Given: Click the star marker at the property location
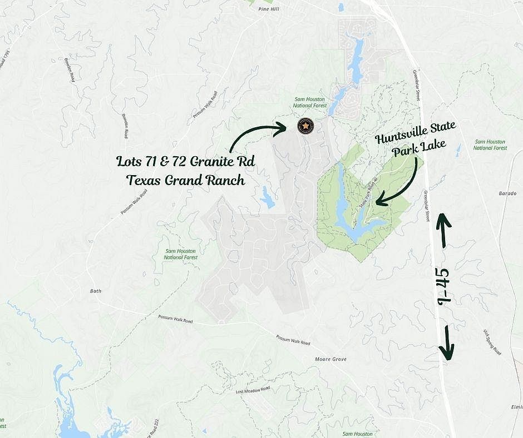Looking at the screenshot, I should (x=305, y=126).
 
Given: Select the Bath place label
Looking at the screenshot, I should (x=95, y=290).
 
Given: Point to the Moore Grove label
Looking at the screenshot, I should (x=330, y=360).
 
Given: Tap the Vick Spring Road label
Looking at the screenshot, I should (x=492, y=342).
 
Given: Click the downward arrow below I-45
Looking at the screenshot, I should (x=447, y=343).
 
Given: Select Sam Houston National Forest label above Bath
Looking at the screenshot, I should (x=181, y=254).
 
